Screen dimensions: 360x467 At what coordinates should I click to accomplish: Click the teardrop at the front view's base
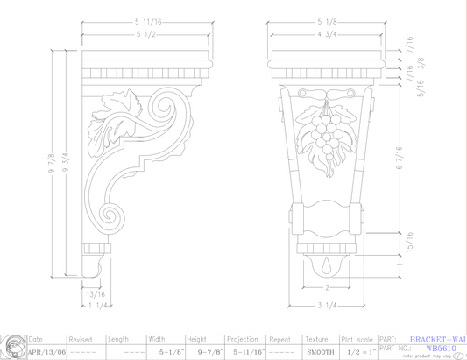coord(326,265)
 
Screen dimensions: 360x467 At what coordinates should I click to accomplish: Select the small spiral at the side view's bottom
coord(111,214)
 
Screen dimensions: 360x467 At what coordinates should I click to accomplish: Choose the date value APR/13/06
coord(46,351)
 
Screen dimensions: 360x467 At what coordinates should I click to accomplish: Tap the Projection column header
coord(242,339)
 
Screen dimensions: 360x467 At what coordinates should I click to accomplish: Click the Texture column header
coord(316,339)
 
